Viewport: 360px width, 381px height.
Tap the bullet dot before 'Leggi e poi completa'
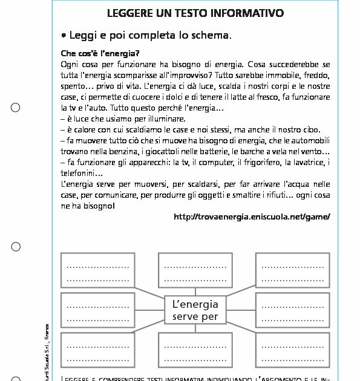click(x=64, y=35)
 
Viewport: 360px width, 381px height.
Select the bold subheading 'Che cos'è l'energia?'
click(x=100, y=53)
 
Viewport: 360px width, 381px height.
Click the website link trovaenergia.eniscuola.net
click(x=252, y=217)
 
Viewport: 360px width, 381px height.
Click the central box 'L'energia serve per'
click(x=195, y=310)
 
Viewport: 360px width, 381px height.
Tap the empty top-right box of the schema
click(x=293, y=270)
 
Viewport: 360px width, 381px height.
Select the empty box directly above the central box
click(x=195, y=270)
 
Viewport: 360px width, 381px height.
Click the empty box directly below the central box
click(x=195, y=350)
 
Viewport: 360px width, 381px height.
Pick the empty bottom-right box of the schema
click(x=293, y=350)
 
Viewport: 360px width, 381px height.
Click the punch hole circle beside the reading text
click(x=16, y=108)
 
